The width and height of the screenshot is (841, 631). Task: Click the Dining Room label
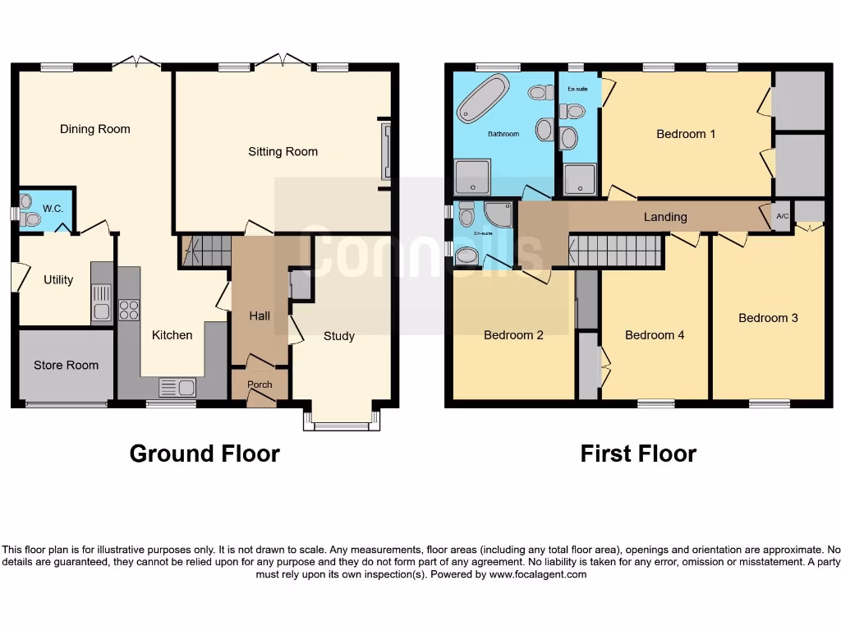(x=95, y=129)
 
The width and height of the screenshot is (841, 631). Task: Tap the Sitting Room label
(x=283, y=151)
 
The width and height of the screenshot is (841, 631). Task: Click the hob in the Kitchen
(x=129, y=310)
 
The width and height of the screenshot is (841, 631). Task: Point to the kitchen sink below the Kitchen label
(x=177, y=386)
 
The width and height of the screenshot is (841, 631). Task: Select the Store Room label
(x=66, y=365)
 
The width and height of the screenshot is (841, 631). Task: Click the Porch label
(x=260, y=385)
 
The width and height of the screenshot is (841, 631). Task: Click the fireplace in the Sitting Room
(x=386, y=151)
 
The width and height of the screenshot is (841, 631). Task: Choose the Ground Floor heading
(x=205, y=454)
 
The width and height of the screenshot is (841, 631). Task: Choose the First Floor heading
(x=638, y=454)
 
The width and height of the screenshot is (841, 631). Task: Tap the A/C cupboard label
(x=782, y=217)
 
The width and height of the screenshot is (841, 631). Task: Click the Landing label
(x=665, y=217)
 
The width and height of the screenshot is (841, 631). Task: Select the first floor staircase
(x=616, y=251)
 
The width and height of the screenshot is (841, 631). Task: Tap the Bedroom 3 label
(x=768, y=318)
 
